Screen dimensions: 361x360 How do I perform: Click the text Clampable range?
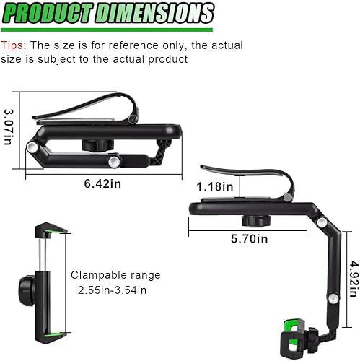(115, 275)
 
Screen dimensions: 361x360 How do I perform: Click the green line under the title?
(107, 30)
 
